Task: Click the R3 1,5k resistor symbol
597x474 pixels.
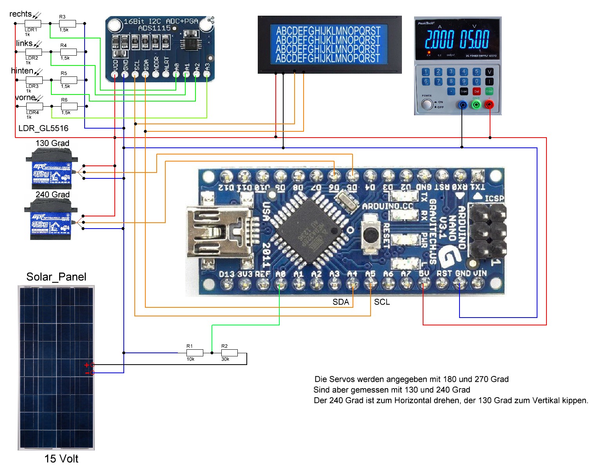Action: coord(67,24)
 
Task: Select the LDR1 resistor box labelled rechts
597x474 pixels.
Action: coord(33,24)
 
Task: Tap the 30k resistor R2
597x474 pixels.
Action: coord(229,353)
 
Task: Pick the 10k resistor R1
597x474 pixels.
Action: coord(195,353)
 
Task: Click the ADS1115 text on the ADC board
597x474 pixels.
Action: coord(154,28)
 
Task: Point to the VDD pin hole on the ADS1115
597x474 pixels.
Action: coord(115,73)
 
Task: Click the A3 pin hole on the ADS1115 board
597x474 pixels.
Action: coord(207,73)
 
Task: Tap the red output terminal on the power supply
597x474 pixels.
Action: coord(489,105)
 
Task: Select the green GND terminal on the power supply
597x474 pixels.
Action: coord(476,105)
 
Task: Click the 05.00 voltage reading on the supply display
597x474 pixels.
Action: coord(474,40)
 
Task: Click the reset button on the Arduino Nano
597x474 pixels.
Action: coord(370,234)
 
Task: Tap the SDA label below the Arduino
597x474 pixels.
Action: coord(340,302)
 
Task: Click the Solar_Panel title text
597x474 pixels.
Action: coord(56,277)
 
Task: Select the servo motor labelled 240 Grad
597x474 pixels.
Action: coord(51,220)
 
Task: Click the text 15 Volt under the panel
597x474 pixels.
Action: coord(61,459)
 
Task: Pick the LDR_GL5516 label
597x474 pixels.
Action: coord(43,128)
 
